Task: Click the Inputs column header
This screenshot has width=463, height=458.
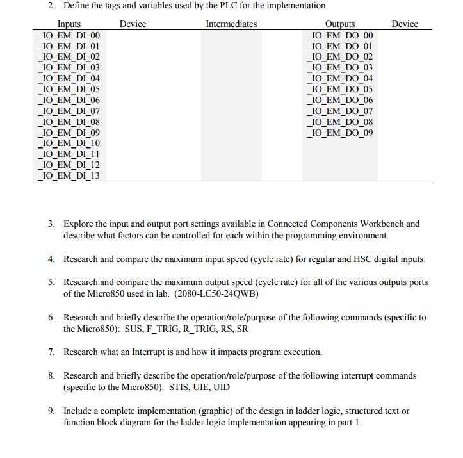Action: [x=69, y=24]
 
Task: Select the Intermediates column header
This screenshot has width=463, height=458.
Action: [x=231, y=24]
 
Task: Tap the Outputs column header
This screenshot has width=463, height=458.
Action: [x=340, y=24]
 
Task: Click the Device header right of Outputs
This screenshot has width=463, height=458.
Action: [x=404, y=24]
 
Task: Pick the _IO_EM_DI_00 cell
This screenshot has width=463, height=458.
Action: [x=69, y=35]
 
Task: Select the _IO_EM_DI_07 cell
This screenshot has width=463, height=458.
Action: [x=69, y=111]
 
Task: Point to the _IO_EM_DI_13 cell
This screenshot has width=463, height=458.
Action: [x=69, y=176]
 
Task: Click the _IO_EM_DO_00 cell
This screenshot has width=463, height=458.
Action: [x=340, y=35]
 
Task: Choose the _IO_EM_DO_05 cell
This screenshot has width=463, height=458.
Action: [x=340, y=89]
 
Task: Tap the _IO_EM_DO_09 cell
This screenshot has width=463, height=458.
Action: [x=340, y=133]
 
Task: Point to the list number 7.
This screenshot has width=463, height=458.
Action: [x=51, y=352]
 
